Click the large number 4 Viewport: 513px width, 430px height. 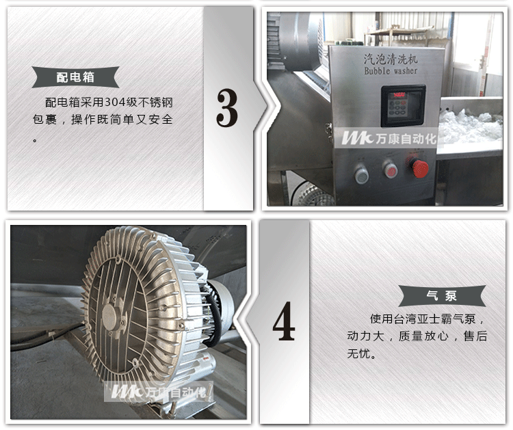(x=284, y=321)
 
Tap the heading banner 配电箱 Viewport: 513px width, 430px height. (x=75, y=77)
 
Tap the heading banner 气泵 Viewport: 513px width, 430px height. (x=442, y=296)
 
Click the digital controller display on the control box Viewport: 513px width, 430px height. (x=403, y=105)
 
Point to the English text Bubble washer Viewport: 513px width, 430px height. (x=391, y=70)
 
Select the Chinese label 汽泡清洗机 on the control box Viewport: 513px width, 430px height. (x=391, y=59)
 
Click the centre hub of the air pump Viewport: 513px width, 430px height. (x=109, y=316)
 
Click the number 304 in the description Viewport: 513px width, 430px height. (x=115, y=103)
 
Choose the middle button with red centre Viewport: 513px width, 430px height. (x=391, y=170)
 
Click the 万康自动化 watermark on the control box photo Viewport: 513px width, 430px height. (x=389, y=139)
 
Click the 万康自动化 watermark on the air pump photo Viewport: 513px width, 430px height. (x=159, y=392)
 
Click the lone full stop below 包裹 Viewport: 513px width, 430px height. (x=35, y=141)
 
